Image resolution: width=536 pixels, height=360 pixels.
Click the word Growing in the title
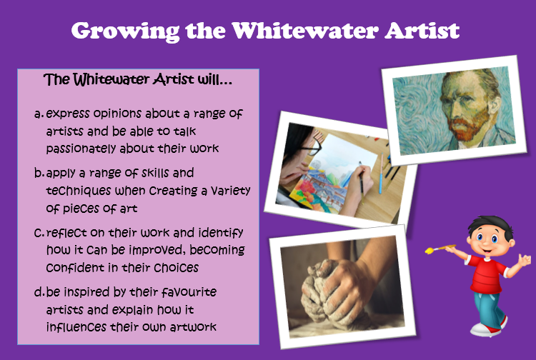(125, 31)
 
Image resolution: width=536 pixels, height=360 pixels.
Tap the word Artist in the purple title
(422, 31)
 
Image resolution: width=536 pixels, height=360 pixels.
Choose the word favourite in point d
(189, 292)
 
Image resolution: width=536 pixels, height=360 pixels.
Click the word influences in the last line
(76, 327)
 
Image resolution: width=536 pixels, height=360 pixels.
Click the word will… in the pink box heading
(215, 79)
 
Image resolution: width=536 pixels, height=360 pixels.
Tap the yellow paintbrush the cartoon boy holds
(440, 249)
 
